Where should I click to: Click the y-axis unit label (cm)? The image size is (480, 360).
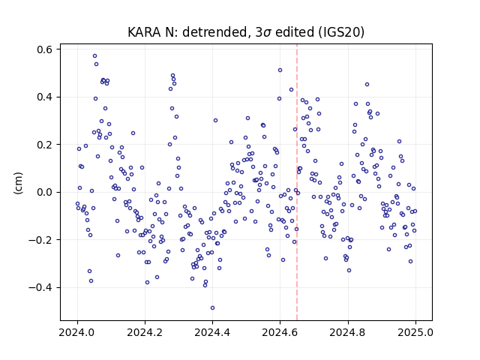[18, 183]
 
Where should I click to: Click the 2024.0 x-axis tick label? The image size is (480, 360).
[77, 332]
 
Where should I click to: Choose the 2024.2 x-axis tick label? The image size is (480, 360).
[145, 332]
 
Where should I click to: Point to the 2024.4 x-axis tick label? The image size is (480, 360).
[212, 332]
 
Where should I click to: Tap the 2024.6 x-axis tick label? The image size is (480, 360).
[280, 332]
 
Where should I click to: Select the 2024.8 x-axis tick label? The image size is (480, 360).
[347, 332]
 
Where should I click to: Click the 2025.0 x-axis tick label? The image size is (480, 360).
[415, 332]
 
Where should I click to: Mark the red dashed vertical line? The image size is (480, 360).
[297, 182]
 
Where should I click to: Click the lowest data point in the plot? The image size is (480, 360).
[212, 308]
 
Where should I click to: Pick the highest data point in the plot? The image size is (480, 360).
[95, 56]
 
